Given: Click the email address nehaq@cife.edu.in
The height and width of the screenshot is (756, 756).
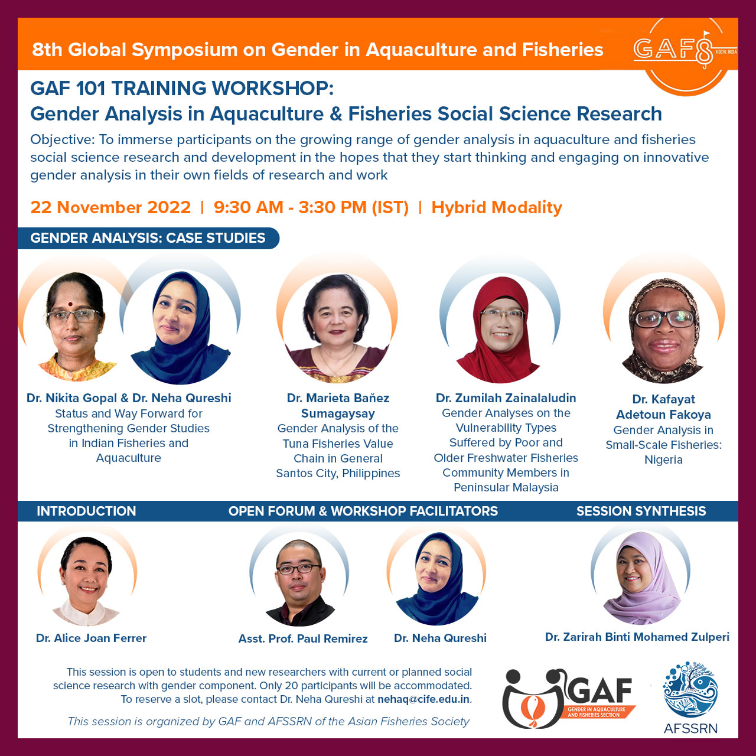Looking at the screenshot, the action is tap(423, 699).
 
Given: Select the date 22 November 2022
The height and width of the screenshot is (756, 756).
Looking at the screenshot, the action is tap(110, 207).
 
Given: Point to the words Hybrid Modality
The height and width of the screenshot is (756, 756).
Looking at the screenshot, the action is tap(497, 207).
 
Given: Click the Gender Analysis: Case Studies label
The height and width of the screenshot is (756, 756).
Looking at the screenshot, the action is tap(148, 238).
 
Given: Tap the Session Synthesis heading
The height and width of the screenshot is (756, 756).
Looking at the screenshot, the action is tap(641, 511).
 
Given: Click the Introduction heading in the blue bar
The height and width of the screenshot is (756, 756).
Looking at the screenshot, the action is tap(86, 511).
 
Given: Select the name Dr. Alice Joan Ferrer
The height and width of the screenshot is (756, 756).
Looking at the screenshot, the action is tap(91, 638).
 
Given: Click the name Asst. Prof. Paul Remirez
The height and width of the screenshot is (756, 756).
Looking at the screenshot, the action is tap(303, 638).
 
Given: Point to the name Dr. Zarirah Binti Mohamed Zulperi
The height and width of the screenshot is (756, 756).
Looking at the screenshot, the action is tap(637, 637).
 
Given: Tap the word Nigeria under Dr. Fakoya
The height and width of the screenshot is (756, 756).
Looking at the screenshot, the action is tap(663, 460).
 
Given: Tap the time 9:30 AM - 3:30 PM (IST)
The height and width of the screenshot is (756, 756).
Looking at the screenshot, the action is tap(311, 207).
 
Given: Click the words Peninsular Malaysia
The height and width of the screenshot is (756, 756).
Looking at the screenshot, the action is tap(506, 487).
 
